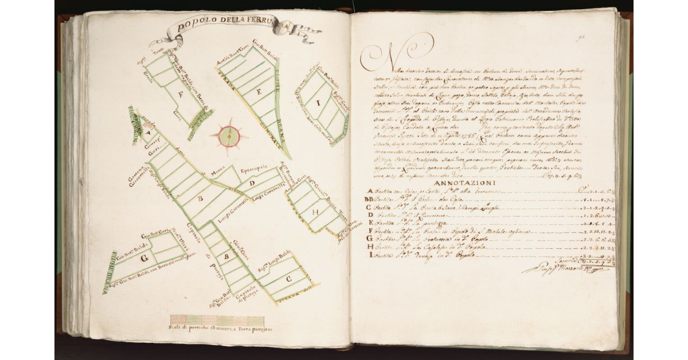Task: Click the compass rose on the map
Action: pos(229,136)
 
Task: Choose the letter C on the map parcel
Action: pos(288,279)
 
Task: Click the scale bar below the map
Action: pos(217,321)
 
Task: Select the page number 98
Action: pos(581,38)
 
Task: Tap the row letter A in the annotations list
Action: pos(370,191)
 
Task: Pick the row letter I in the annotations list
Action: pos(370,254)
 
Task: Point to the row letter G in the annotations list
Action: pos(370,238)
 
